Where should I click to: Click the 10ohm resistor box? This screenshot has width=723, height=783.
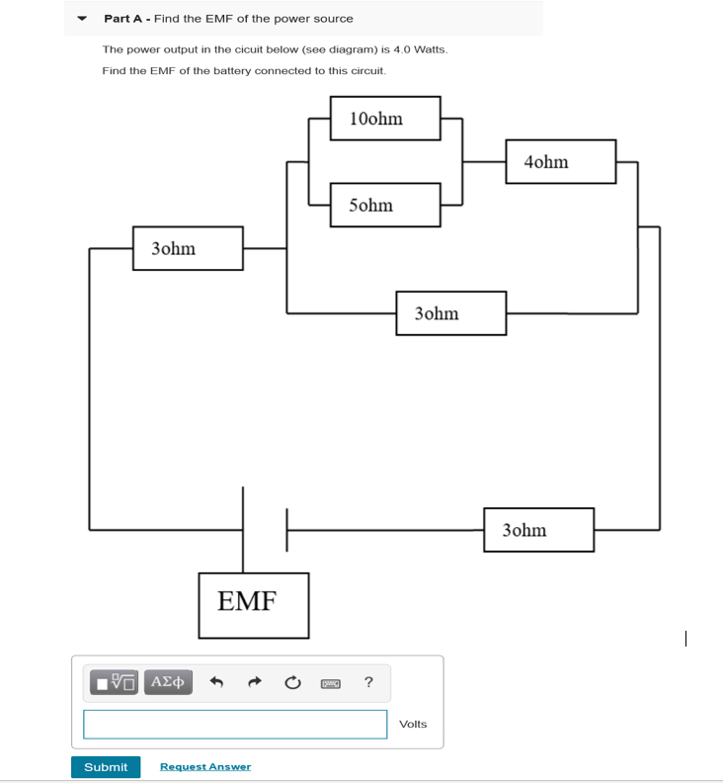[x=385, y=119]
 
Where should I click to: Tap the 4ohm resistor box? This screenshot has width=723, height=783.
[x=561, y=161]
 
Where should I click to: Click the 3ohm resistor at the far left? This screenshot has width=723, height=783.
[x=188, y=248]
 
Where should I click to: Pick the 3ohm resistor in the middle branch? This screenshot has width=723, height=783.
[x=451, y=313]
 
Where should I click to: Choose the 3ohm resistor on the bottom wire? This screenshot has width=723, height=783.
[x=539, y=530]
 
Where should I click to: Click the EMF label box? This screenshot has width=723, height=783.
[x=253, y=605]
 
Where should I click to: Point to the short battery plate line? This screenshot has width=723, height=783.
[x=286, y=530]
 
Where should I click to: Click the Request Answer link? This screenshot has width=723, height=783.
[x=205, y=767]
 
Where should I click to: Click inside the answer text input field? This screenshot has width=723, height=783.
[x=235, y=724]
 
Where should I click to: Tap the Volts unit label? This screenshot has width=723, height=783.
[x=413, y=725]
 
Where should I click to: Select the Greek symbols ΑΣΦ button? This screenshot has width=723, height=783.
[x=168, y=682]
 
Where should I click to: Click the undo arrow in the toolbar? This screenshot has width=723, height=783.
[x=218, y=682]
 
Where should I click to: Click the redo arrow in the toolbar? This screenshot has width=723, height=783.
[x=255, y=682]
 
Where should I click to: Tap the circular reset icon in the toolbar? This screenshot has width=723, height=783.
[x=292, y=682]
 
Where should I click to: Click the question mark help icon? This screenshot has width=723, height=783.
[x=368, y=682]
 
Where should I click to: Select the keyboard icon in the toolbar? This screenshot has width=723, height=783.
[x=331, y=683]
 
